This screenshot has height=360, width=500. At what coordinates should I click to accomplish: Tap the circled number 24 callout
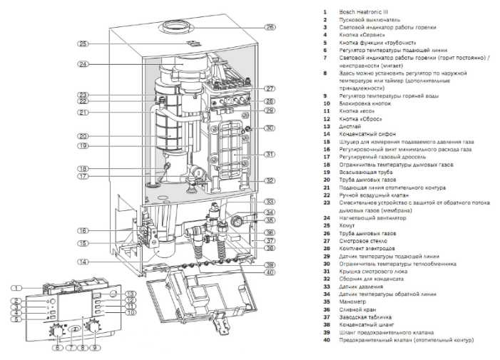click(x=83, y=64)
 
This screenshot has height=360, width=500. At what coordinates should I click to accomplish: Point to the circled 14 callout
click(x=83, y=262)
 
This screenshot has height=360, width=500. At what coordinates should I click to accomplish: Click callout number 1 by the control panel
click(x=16, y=287)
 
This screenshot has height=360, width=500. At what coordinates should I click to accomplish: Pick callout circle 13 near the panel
click(x=131, y=294)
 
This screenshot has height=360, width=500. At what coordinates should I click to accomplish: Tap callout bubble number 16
click(x=83, y=230)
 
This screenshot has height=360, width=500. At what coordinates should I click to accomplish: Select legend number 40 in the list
click(x=326, y=340)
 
